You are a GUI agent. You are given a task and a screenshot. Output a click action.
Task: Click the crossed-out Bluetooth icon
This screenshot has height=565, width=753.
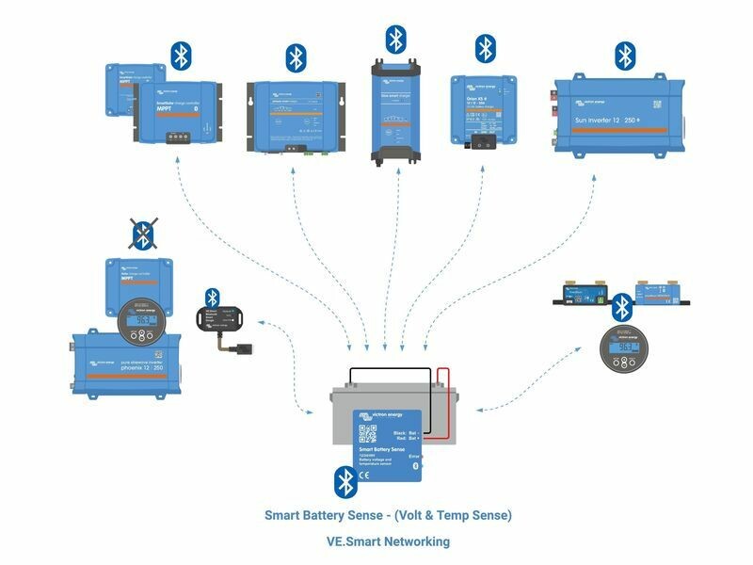[x=143, y=235]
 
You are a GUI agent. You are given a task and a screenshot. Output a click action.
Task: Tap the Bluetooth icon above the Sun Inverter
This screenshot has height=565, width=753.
[x=624, y=56]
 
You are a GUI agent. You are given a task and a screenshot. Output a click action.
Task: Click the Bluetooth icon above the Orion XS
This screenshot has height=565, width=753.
[x=485, y=48]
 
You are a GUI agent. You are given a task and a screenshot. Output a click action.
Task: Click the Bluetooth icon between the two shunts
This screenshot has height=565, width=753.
[x=621, y=306]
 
